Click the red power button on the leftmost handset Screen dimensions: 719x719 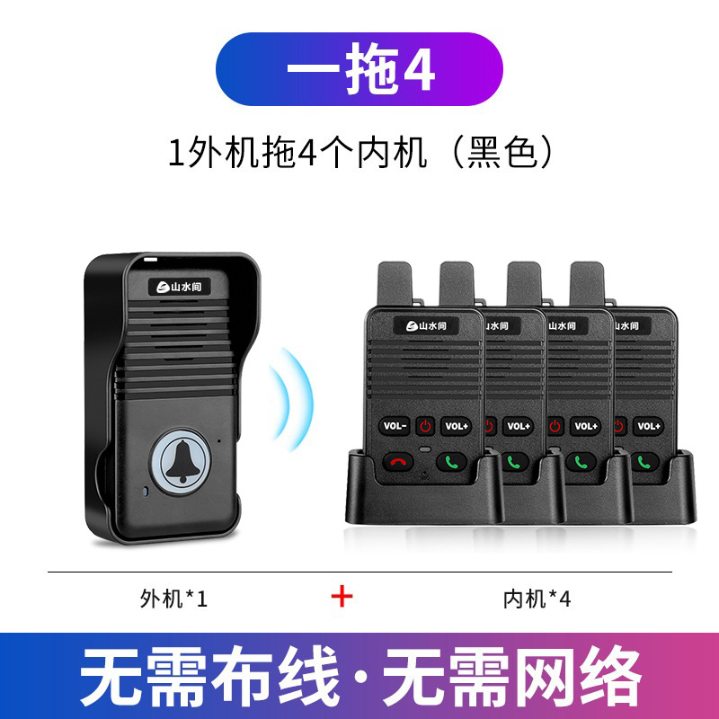point(426,426)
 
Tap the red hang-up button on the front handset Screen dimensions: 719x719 point(395,463)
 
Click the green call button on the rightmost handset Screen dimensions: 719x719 point(643,463)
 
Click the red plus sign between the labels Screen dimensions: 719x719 point(342,597)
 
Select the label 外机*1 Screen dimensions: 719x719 point(173,598)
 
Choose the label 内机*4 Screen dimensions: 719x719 point(537,598)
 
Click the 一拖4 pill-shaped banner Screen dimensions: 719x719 point(359,69)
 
